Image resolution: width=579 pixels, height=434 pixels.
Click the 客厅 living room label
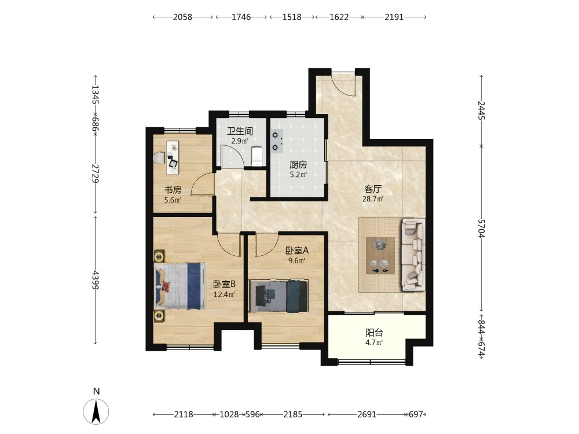372,189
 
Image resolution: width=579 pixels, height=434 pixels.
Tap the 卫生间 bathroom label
240,131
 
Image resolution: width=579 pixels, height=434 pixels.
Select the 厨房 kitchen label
298,164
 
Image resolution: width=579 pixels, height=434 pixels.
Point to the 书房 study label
173,190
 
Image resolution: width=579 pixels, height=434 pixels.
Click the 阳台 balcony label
374,333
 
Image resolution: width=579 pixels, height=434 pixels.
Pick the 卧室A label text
297,251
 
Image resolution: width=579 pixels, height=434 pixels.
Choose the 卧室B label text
225,284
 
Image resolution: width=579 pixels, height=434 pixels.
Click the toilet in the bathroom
256,156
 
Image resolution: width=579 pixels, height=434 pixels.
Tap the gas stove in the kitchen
277,141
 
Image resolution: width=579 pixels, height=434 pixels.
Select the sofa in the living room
413,254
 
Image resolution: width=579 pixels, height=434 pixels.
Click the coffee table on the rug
380,255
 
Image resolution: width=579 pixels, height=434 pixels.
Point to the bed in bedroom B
180,286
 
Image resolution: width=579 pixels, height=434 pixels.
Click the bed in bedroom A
279,296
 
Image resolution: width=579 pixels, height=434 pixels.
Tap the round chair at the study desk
159,158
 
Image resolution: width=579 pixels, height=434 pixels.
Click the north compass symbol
96,411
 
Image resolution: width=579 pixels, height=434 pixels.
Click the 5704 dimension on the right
481,229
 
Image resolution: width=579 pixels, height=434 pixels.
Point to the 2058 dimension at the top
183,17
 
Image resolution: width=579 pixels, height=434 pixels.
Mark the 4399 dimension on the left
96,280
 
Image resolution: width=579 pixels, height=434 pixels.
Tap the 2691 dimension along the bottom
367,414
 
